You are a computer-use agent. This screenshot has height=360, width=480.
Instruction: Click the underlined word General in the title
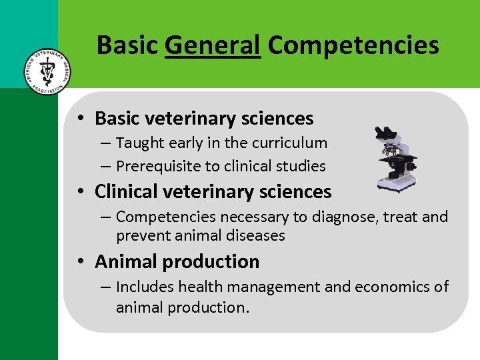point(213,45)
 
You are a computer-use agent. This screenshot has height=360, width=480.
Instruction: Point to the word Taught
point(140,143)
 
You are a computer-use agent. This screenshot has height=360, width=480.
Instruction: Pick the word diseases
point(256,235)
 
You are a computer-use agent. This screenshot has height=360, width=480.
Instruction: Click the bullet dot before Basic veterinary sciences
point(79,119)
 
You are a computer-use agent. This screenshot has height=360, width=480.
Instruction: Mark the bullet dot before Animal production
point(79,262)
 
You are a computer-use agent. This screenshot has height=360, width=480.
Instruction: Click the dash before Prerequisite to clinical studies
point(107,166)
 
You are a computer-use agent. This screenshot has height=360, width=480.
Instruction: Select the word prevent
point(141,235)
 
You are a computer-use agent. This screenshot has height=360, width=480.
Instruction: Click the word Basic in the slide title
point(127,45)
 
